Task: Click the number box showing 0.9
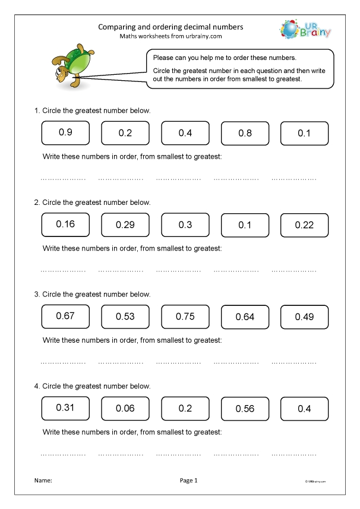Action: [x=65, y=133]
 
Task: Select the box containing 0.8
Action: [x=245, y=134]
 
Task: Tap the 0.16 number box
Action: [x=65, y=225]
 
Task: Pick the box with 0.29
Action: [x=125, y=226]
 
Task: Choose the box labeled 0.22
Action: [x=304, y=226]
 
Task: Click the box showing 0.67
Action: [x=65, y=316]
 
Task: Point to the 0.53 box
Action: [x=125, y=317]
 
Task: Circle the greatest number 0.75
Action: [x=185, y=317]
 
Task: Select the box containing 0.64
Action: [x=245, y=317]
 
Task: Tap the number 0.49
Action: [x=304, y=317]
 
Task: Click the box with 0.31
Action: [x=65, y=407]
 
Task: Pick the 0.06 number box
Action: [x=125, y=409]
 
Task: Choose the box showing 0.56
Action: [x=245, y=409]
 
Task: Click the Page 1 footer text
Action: [x=188, y=480]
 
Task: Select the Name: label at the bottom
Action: [x=43, y=480]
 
